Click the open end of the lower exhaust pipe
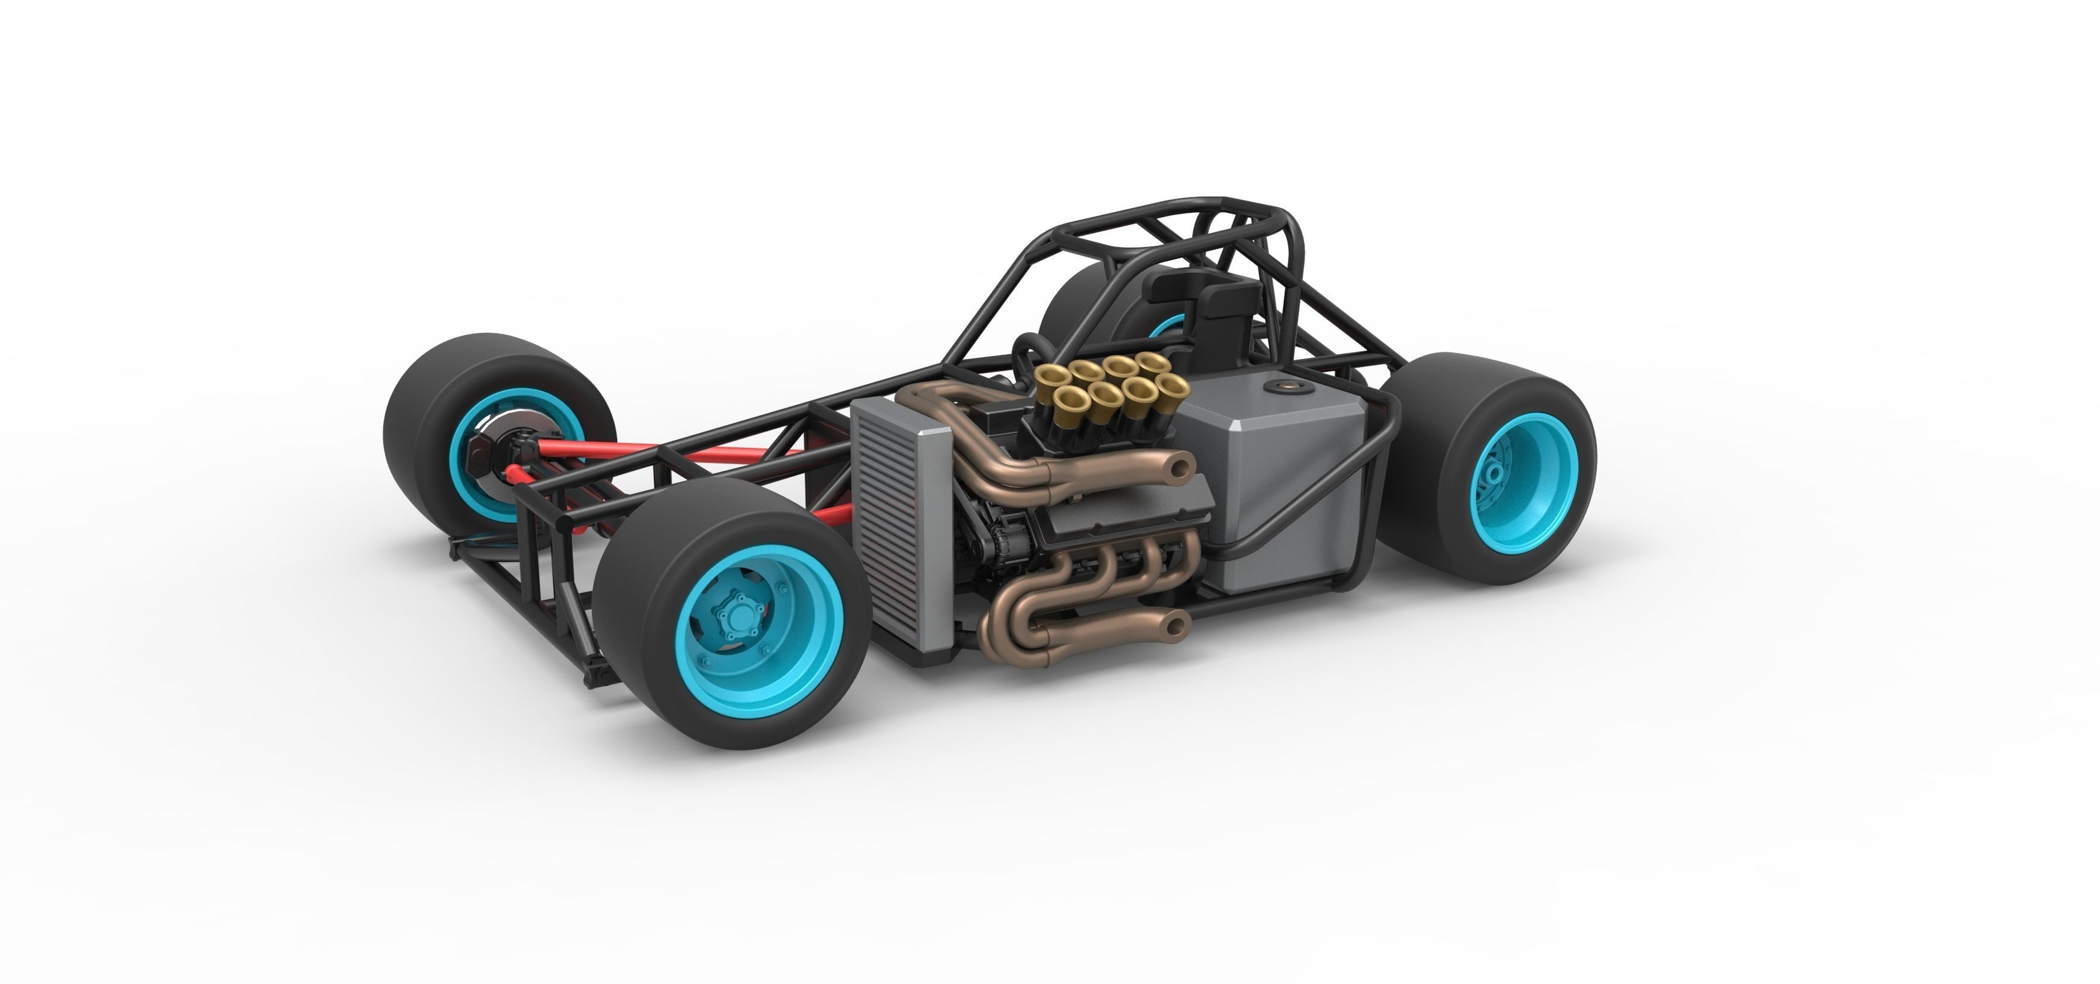tap(1174, 625)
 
